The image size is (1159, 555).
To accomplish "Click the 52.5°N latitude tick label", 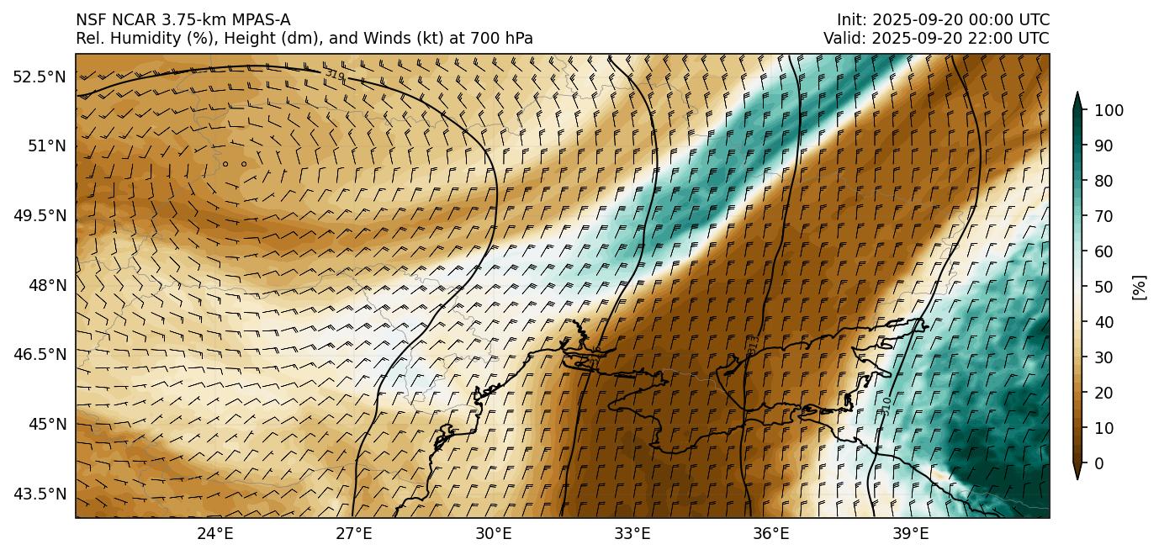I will [40, 77].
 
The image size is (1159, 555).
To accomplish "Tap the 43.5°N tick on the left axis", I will [40, 494].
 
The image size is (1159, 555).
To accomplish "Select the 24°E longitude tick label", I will [215, 533].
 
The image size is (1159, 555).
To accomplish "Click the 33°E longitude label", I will [632, 533].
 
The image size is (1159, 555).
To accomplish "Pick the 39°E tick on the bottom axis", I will [910, 533].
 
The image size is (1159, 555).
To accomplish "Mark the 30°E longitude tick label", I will [494, 533].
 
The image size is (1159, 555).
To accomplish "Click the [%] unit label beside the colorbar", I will [1140, 287].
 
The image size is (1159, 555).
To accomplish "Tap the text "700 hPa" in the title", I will [505, 39].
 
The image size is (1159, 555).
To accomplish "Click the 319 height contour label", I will [335, 75].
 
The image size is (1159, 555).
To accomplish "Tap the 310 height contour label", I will [886, 406].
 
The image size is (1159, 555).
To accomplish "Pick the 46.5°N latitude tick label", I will [40, 355].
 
